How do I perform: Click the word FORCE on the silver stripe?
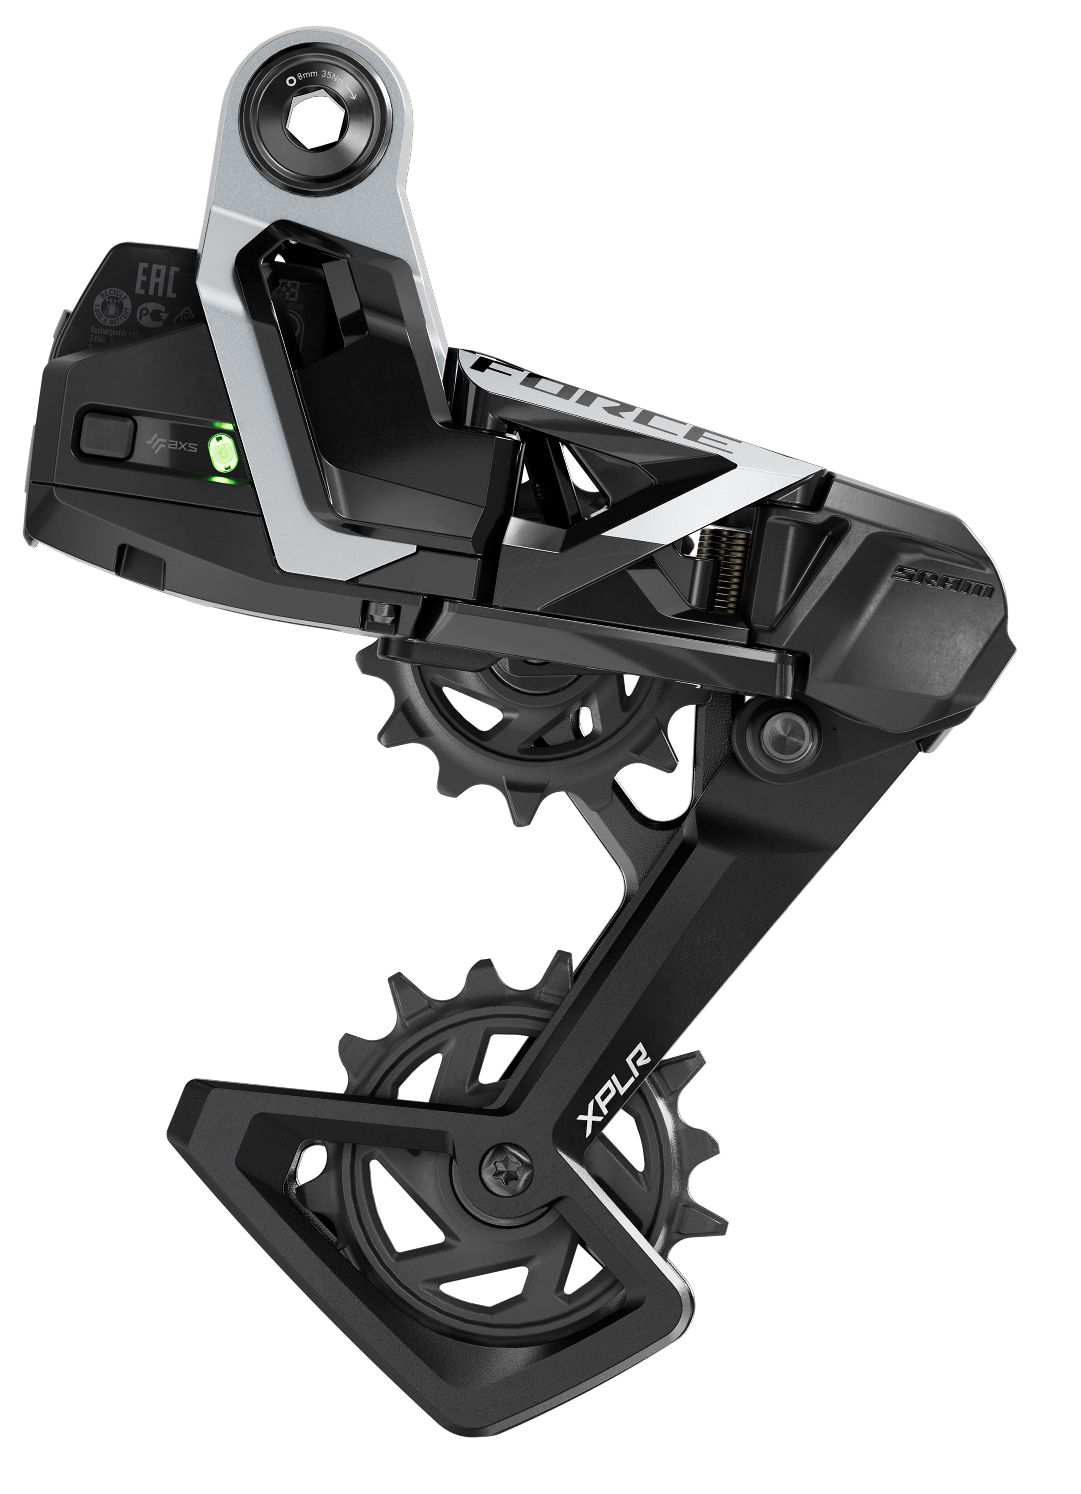click(x=606, y=403)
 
